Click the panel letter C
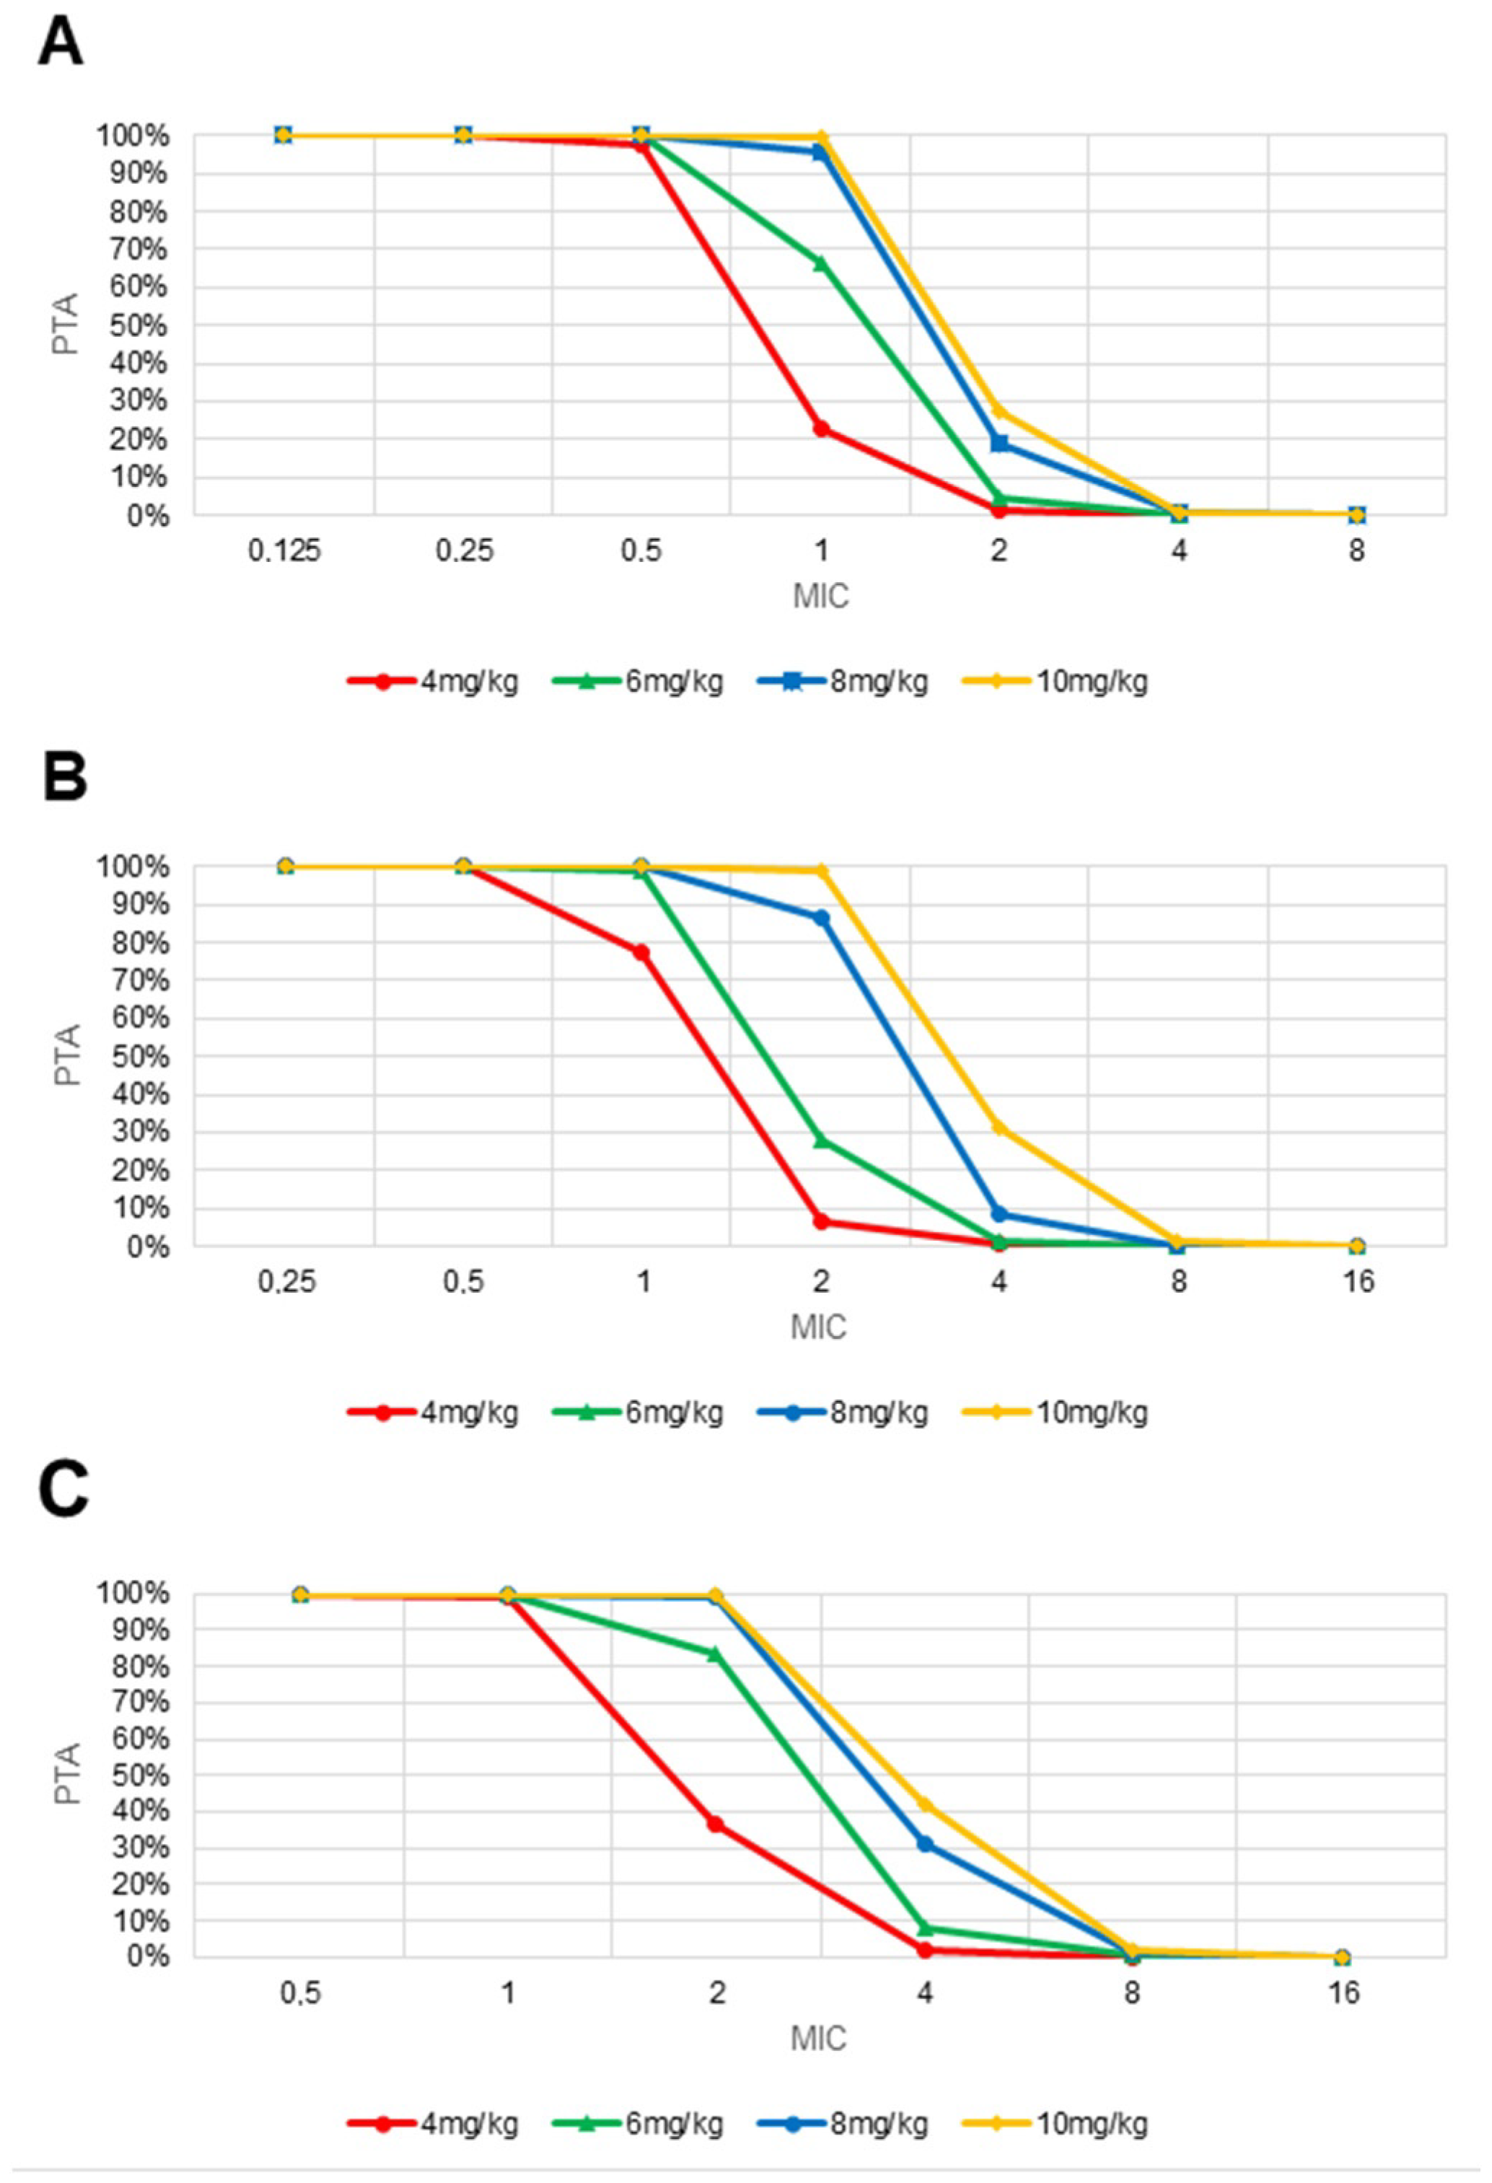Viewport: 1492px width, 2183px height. (64, 1490)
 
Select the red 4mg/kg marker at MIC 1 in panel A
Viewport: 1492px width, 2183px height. (820, 429)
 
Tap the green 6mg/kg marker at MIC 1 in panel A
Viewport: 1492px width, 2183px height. (820, 264)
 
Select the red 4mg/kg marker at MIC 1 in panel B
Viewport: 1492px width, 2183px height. (641, 952)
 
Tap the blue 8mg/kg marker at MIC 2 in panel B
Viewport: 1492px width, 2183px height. (820, 918)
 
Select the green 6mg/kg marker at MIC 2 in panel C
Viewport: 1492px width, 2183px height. (715, 1679)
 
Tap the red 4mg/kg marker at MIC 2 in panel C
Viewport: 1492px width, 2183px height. (715, 1823)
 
